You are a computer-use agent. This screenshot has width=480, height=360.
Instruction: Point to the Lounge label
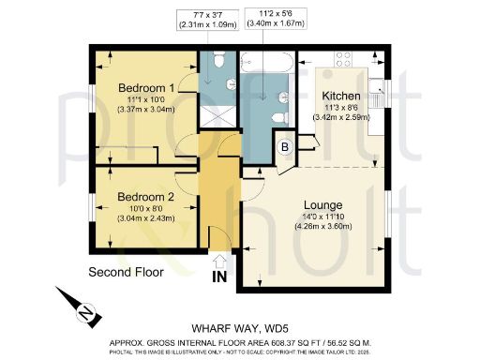(x=322, y=204)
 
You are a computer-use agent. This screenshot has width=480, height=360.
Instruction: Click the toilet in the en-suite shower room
(x=215, y=62)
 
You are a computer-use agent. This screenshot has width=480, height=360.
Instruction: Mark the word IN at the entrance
(x=219, y=277)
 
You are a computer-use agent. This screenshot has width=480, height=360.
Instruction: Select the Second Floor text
(x=127, y=273)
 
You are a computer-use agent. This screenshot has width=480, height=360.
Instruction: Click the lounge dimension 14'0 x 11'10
(x=322, y=217)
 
